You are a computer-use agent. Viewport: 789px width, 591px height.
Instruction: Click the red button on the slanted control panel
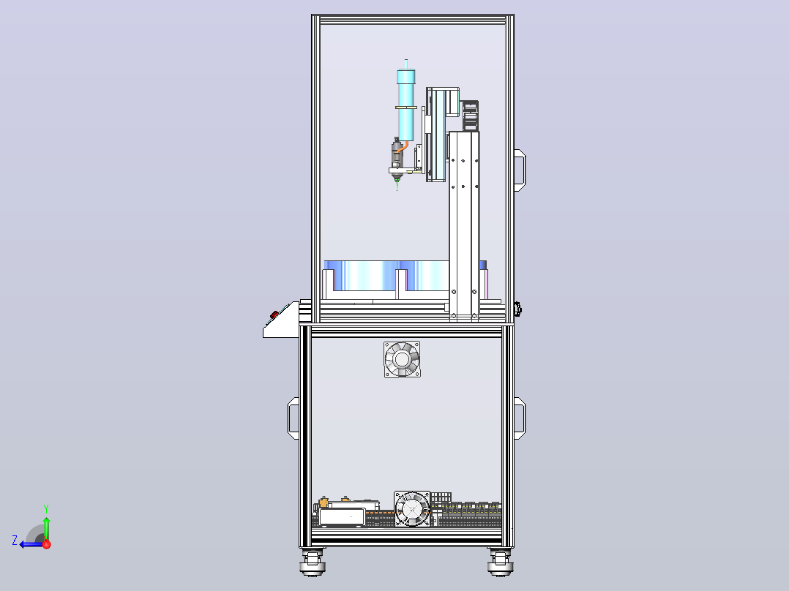coord(274,315)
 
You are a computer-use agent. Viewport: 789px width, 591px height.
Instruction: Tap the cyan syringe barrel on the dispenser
coord(406,105)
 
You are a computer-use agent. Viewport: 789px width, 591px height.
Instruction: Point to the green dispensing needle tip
coord(397,186)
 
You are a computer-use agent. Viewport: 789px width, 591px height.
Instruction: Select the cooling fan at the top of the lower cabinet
coord(402,360)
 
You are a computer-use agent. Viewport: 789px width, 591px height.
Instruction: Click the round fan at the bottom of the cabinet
coord(412,508)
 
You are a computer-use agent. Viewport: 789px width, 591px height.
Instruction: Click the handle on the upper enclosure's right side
coord(520,170)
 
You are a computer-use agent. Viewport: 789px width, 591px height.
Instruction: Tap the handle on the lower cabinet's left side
coord(293,418)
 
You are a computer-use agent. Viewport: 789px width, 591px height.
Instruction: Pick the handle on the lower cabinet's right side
coord(520,418)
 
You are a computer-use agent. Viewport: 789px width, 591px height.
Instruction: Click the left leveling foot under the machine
coord(313,562)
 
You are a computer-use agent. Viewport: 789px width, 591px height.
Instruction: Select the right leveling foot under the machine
coord(500,562)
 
